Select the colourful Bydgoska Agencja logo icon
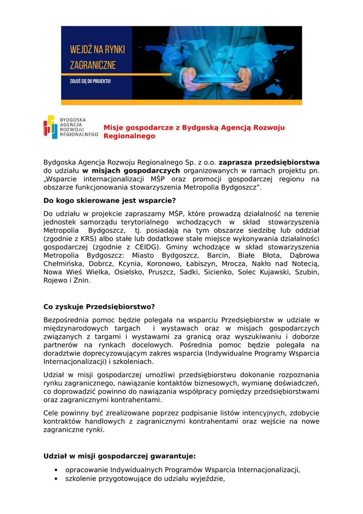tap(50, 127)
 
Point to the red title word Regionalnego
tap(129, 137)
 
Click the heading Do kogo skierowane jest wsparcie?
tap(109, 200)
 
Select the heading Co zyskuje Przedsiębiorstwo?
tap(99, 307)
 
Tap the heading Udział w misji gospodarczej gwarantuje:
tap(119, 455)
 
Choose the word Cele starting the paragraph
tap(52, 414)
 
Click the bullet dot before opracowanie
tap(55, 470)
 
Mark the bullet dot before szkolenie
tap(55, 479)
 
